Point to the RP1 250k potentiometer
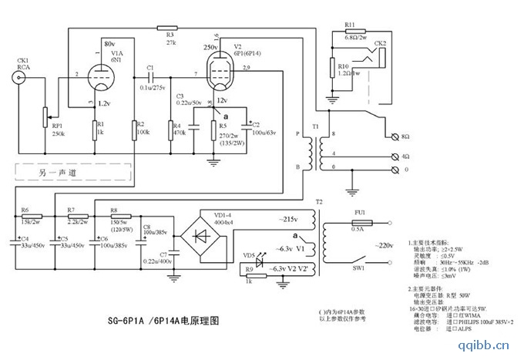pyautogui.click(x=45, y=116)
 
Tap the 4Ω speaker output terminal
pyautogui.click(x=395, y=156)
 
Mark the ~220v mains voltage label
pyautogui.click(x=386, y=244)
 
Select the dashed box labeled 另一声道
pyautogui.click(x=52, y=173)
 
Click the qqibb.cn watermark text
pyautogui.click(x=487, y=344)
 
